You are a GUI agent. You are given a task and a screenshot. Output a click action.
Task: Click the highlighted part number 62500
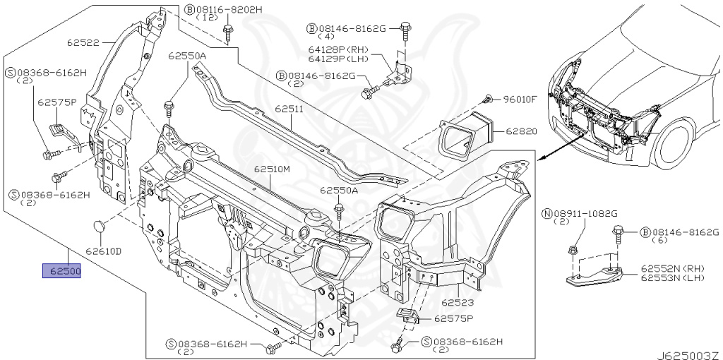[62, 270]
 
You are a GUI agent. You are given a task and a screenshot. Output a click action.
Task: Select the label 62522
[83, 43]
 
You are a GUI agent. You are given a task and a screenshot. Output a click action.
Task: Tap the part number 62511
[289, 109]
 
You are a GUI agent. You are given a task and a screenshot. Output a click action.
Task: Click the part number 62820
[521, 131]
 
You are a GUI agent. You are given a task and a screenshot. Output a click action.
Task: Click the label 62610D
[104, 251]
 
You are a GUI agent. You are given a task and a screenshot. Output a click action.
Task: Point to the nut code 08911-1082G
[585, 213]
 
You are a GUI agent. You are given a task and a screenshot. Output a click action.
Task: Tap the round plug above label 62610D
[99, 227]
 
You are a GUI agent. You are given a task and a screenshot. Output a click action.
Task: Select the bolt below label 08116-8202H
[229, 32]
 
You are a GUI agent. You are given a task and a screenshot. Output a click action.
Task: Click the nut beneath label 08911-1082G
[572, 250]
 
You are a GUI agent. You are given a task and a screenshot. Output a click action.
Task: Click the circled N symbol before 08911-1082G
[546, 213]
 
